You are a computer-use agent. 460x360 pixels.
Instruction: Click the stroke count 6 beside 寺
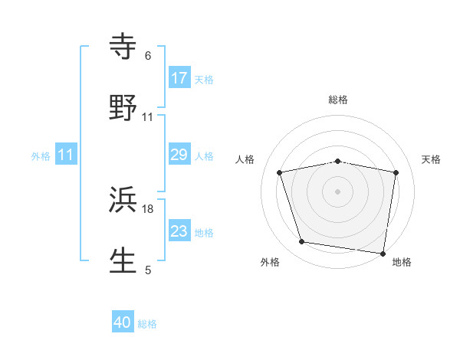[x=148, y=55]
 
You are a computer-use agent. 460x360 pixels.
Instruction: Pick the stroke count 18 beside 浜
[x=148, y=208]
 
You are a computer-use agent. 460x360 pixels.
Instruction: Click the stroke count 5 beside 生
[x=148, y=270]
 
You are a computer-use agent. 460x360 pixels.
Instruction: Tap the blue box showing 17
[x=179, y=78]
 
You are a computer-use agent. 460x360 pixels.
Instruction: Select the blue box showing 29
[x=179, y=155]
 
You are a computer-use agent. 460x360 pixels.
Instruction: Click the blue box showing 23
[x=179, y=232]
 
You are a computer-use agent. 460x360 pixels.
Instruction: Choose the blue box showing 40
[x=123, y=323]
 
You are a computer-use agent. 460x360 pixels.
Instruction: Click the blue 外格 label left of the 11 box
[x=41, y=156]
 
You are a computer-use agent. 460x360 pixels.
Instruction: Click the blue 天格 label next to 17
[x=204, y=79]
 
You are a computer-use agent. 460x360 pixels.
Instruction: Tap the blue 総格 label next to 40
[x=147, y=324]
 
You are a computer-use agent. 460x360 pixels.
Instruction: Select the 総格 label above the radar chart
[x=338, y=100]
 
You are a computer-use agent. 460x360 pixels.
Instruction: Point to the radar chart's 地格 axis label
[x=402, y=262]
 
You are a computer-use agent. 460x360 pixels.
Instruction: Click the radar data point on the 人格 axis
[x=280, y=172]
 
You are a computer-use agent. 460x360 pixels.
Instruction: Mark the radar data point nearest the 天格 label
[x=396, y=172]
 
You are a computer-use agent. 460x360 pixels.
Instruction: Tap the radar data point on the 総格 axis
[x=338, y=161]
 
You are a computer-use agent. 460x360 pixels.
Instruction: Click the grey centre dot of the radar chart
[x=338, y=191]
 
